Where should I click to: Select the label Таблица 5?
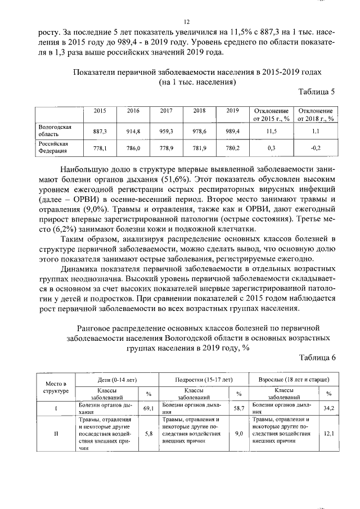(x=317, y=92)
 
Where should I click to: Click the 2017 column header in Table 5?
(x=166, y=111)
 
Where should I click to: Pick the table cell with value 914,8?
(x=133, y=130)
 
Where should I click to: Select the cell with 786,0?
(x=133, y=147)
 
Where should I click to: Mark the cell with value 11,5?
(x=271, y=130)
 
